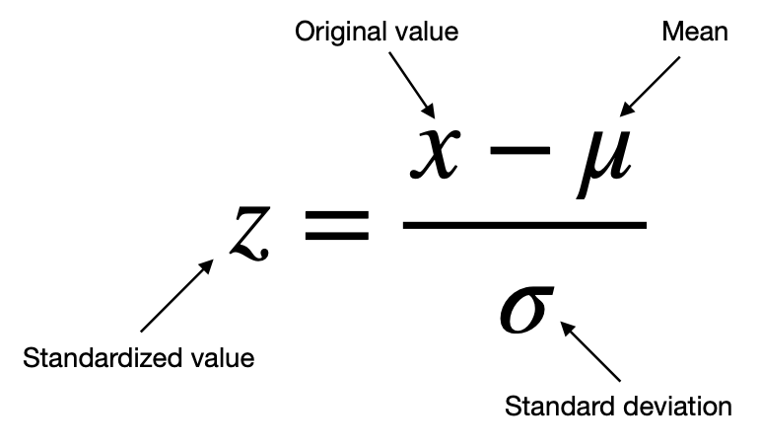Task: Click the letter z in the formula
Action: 250,234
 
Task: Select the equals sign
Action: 337,226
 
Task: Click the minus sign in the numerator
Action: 519,151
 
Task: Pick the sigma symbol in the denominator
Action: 526,310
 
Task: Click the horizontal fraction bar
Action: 524,225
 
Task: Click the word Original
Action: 340,33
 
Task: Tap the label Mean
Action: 695,32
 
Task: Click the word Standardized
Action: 101,358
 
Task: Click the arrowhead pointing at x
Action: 429,111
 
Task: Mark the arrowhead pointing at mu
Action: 627,109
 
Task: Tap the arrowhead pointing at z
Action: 206,266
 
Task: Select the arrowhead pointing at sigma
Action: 567,328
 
